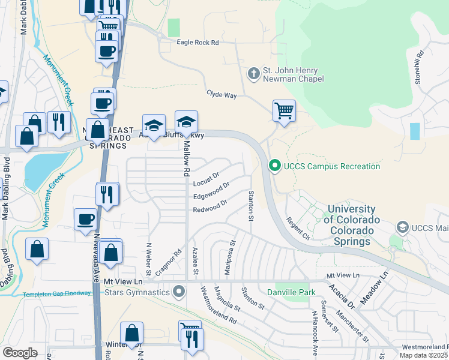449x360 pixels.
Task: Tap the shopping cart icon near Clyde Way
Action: (x=284, y=110)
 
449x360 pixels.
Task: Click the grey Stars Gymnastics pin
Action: (x=178, y=293)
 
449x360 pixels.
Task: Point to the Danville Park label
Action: (x=294, y=292)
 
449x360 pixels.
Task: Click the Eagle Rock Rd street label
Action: (x=197, y=43)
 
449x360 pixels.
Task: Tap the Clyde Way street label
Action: (x=221, y=95)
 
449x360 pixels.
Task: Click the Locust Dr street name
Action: (x=206, y=176)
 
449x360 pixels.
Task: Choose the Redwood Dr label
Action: (x=209, y=206)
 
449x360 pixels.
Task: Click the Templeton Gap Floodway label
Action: (x=57, y=294)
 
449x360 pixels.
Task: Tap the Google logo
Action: (x=20, y=352)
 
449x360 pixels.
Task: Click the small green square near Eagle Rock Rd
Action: (x=174, y=28)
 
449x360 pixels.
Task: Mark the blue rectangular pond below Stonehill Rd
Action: (x=415, y=131)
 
